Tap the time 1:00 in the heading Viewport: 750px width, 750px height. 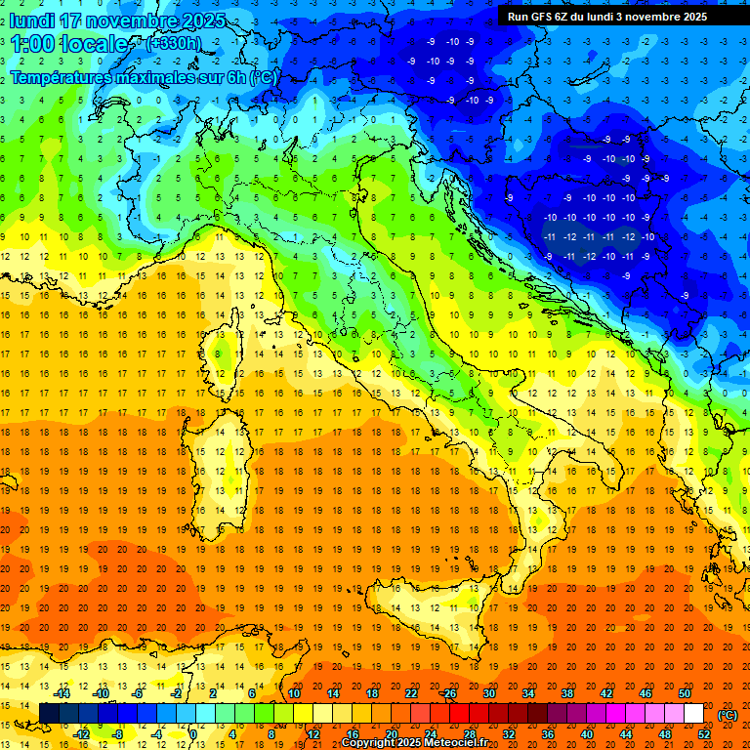[x=33, y=44]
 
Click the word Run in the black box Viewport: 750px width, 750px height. [x=518, y=17]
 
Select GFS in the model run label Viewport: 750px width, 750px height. [x=544, y=17]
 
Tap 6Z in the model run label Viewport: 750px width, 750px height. [x=567, y=17]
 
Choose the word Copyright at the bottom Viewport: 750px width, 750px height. [x=368, y=743]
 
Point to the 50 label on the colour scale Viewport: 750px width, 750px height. [x=685, y=693]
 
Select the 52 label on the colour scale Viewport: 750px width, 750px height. [x=704, y=734]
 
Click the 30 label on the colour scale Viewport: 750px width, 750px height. [x=488, y=693]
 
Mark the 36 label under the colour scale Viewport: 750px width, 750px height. [x=548, y=734]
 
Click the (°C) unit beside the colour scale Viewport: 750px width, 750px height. [x=728, y=715]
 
